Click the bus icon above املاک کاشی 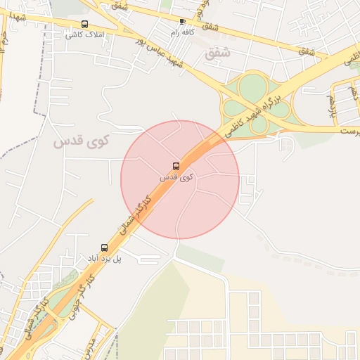pyautogui.click(x=85, y=25)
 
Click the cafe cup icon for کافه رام pyautogui.click(x=183, y=22)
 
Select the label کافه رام pyautogui.click(x=182, y=32)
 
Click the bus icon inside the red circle pyautogui.click(x=175, y=167)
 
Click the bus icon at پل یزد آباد pyautogui.click(x=104, y=247)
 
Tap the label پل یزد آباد pyautogui.click(x=108, y=259)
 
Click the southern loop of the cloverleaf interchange pyautogui.click(x=259, y=124)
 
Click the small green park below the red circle pyautogui.click(x=200, y=257)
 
